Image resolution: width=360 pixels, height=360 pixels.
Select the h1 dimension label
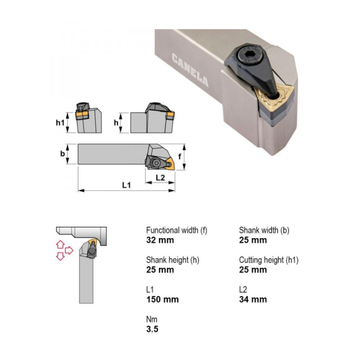(60, 122)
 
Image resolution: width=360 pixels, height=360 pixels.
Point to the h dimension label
(116, 122)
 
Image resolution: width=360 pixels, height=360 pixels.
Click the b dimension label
(63, 153)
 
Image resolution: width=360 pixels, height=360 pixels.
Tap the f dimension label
(180, 156)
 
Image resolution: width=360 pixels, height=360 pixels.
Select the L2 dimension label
(160, 177)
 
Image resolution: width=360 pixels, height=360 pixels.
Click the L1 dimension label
(126, 185)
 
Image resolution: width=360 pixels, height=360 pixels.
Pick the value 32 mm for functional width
(160, 240)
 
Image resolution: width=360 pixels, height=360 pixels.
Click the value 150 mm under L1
(162, 299)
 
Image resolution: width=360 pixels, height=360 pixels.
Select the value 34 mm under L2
(253, 299)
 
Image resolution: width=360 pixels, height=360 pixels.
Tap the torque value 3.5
(152, 329)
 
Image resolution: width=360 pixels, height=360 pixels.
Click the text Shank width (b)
(264, 230)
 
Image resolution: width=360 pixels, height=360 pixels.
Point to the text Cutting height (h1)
(269, 260)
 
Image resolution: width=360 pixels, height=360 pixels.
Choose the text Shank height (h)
(173, 260)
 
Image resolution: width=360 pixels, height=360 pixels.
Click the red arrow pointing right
(69, 250)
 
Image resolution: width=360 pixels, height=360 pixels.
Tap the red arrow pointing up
(60, 244)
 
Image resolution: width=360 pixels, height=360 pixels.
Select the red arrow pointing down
(60, 256)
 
